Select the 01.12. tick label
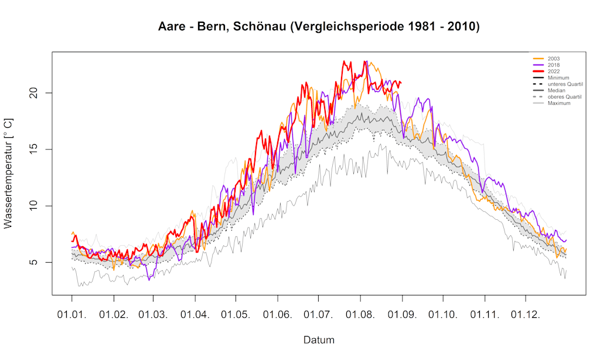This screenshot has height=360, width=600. click(526, 315)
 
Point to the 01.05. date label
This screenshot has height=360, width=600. click(236, 315)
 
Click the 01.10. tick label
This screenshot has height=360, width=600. click(443, 315)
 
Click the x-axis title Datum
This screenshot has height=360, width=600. click(319, 340)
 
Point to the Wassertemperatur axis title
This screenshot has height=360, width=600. click(9, 174)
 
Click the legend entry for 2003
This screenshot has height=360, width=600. click(554, 59)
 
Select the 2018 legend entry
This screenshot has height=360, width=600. click(554, 65)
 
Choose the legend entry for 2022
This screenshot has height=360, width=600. click(554, 72)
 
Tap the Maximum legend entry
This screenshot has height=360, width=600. click(559, 103)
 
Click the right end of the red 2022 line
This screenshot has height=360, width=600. click(401, 83)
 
